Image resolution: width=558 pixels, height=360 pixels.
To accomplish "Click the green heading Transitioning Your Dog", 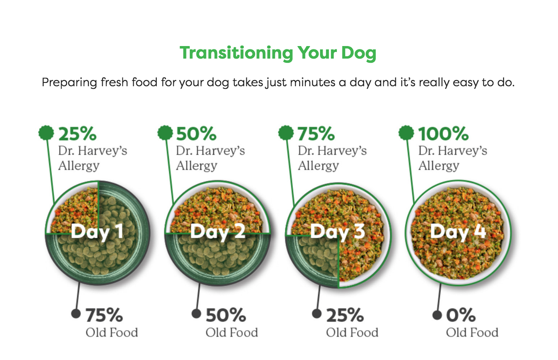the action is [278, 53].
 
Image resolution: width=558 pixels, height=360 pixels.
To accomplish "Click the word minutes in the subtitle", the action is [313, 82].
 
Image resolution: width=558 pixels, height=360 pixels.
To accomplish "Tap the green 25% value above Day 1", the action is [77, 134].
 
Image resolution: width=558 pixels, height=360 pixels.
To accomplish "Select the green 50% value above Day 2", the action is [196, 134].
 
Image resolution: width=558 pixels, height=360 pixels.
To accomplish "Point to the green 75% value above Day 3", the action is [316, 134].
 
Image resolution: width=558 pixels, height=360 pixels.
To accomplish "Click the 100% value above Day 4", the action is [443, 134].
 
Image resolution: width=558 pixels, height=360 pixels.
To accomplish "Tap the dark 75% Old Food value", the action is [104, 315].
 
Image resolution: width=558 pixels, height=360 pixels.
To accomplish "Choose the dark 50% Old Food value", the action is [226, 315].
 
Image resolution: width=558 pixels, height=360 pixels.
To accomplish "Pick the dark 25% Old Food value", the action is [345, 315].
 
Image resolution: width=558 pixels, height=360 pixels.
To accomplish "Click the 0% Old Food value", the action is [461, 315].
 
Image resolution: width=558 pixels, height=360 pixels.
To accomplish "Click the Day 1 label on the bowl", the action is [97, 232].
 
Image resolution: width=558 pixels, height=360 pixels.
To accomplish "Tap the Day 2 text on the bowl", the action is [218, 232].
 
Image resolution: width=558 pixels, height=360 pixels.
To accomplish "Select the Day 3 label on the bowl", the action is [338, 232].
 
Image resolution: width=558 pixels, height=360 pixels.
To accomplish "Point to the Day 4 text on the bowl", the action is [458, 232].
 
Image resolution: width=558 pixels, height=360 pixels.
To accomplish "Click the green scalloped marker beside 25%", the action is [46, 133].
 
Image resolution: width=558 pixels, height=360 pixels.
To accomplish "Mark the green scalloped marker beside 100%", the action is [406, 133].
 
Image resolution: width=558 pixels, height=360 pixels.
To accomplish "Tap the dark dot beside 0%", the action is [437, 315].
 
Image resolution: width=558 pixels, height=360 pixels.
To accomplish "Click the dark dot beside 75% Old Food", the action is [76, 314].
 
